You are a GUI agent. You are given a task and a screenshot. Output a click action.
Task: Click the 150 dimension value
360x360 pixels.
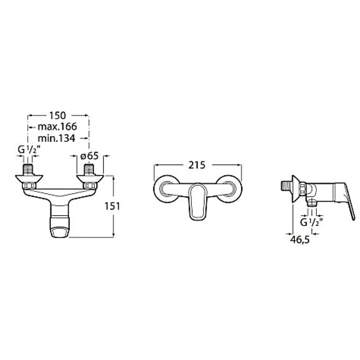click(x=57, y=116)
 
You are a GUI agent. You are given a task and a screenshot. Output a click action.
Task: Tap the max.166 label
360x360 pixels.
click(x=57, y=127)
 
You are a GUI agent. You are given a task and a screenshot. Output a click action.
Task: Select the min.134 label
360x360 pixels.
click(x=56, y=138)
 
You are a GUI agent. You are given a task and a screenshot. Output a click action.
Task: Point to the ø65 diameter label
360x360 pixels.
click(x=90, y=156)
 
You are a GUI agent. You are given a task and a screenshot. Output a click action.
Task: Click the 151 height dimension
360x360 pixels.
click(x=112, y=206)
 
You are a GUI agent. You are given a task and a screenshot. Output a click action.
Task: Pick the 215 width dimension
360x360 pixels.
click(x=197, y=165)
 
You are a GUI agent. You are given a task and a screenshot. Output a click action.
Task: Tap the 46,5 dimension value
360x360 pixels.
click(x=300, y=240)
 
